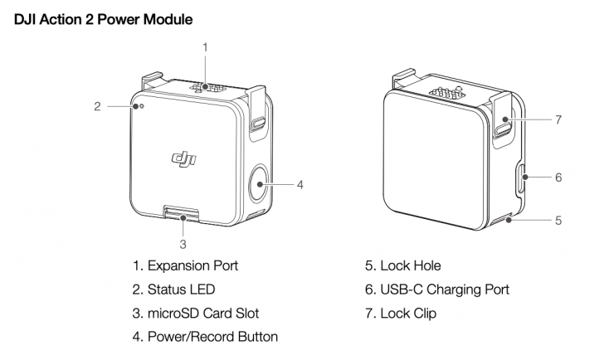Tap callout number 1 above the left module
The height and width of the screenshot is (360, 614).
[x=205, y=47]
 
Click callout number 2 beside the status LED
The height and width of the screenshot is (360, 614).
[x=97, y=106]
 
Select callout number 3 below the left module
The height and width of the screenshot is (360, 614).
[x=183, y=245]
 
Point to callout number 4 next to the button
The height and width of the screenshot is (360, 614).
[x=300, y=184]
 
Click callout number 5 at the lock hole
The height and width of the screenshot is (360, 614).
[x=558, y=221]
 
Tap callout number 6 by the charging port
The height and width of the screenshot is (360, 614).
[x=558, y=177]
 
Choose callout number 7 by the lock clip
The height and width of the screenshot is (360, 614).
[x=558, y=119]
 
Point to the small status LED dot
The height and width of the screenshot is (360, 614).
[x=142, y=107]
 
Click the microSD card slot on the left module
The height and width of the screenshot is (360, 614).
[x=183, y=216]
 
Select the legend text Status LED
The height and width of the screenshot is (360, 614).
[x=173, y=289]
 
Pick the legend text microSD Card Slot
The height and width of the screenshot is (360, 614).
[x=196, y=313]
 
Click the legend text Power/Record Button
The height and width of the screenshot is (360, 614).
[x=205, y=337]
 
